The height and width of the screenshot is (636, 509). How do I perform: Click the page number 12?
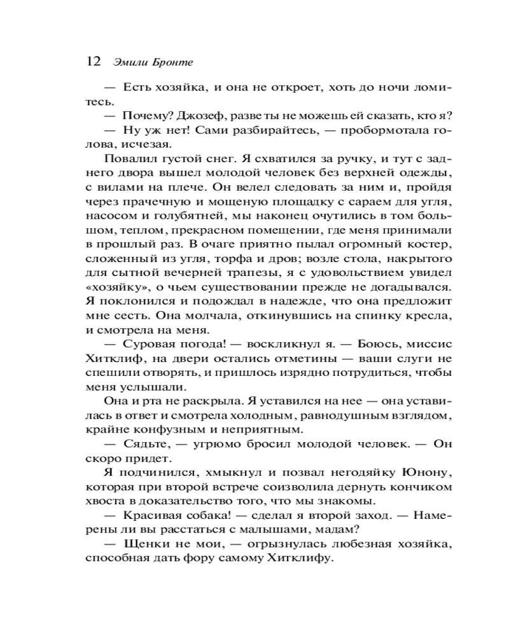pos(93,61)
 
